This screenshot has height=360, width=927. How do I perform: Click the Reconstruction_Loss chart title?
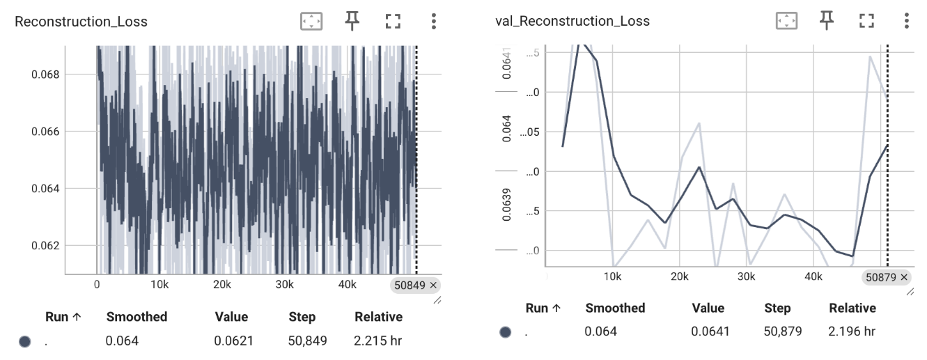(81, 21)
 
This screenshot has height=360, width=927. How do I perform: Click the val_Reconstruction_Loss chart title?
(572, 21)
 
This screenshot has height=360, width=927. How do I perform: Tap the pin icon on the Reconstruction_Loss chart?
(352, 21)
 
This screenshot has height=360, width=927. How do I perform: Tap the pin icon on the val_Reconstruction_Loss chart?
(826, 21)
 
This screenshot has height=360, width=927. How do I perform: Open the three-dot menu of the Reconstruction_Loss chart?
(433, 21)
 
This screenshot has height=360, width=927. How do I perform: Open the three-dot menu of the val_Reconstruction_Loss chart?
(906, 21)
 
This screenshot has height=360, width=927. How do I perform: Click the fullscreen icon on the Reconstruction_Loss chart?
(393, 21)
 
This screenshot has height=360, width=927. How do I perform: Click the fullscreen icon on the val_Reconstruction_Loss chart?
(866, 21)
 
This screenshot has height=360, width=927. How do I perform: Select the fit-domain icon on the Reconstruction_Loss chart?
(311, 21)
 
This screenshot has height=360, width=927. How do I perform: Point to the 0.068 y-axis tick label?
(45, 75)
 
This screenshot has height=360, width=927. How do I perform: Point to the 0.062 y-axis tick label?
(45, 245)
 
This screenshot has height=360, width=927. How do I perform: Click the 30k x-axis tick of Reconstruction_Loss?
(284, 285)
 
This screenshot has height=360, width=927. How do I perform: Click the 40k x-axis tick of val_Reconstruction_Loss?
(813, 276)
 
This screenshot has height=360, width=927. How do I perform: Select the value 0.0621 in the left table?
(234, 341)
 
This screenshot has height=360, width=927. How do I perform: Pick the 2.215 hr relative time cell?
(377, 341)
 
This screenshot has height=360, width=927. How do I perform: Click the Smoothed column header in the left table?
(137, 317)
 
